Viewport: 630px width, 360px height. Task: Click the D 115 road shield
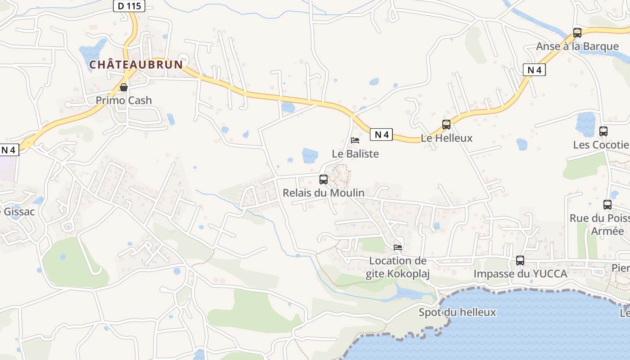[129, 6]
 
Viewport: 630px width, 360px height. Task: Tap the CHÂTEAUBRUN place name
[136, 65]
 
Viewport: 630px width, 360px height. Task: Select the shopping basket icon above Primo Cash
[123, 87]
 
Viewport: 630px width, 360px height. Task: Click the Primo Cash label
[124, 100]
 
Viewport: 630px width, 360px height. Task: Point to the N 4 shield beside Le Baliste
[381, 134]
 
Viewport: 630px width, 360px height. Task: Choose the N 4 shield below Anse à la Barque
[534, 70]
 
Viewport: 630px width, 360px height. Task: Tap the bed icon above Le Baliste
[355, 140]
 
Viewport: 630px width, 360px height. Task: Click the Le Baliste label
[355, 154]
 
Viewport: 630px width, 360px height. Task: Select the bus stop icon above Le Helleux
[446, 125]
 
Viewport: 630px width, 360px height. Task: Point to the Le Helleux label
[446, 138]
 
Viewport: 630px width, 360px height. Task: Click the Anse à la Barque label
[577, 46]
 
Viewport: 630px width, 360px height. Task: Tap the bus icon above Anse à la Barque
[577, 32]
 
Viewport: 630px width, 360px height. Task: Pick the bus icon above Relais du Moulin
[323, 180]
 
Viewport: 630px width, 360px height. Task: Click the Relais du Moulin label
[323, 193]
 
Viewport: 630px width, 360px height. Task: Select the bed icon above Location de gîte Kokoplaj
[398, 247]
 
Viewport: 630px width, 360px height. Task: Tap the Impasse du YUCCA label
[520, 274]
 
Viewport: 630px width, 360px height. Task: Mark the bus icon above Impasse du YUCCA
[520, 260]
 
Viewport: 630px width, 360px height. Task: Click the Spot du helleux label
[457, 312]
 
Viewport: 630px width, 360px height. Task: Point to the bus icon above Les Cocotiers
[603, 131]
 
